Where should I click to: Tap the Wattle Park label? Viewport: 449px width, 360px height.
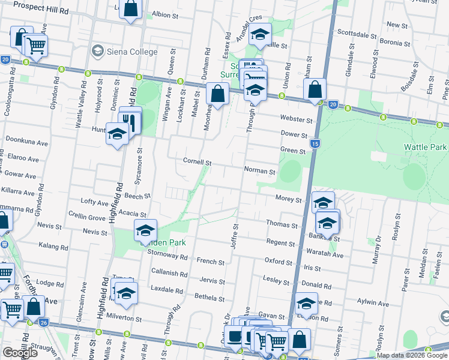424,147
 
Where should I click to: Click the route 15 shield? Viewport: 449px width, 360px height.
315,144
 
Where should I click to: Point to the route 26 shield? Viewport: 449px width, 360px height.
44,322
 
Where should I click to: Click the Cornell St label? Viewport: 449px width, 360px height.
197,163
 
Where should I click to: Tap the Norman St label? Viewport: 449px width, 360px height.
259,171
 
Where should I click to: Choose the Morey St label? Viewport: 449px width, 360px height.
288,199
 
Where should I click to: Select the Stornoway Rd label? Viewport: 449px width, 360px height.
167,256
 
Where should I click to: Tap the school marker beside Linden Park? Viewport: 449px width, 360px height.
145,230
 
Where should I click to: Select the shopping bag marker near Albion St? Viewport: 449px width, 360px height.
131,9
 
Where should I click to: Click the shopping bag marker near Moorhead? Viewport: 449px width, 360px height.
217,94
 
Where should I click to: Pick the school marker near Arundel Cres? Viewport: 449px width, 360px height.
260,34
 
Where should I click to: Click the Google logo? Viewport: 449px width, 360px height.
19,353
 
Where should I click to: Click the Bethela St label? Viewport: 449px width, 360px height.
209,296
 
